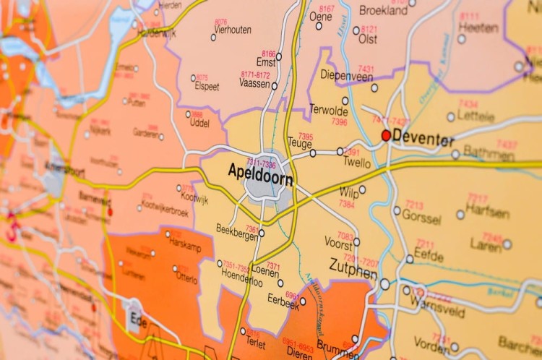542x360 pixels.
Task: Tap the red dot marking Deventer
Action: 386,135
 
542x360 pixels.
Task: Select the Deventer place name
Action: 423,139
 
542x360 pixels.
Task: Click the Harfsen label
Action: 488,211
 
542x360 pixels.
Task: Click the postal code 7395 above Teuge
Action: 306,136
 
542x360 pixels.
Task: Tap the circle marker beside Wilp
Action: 362,190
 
